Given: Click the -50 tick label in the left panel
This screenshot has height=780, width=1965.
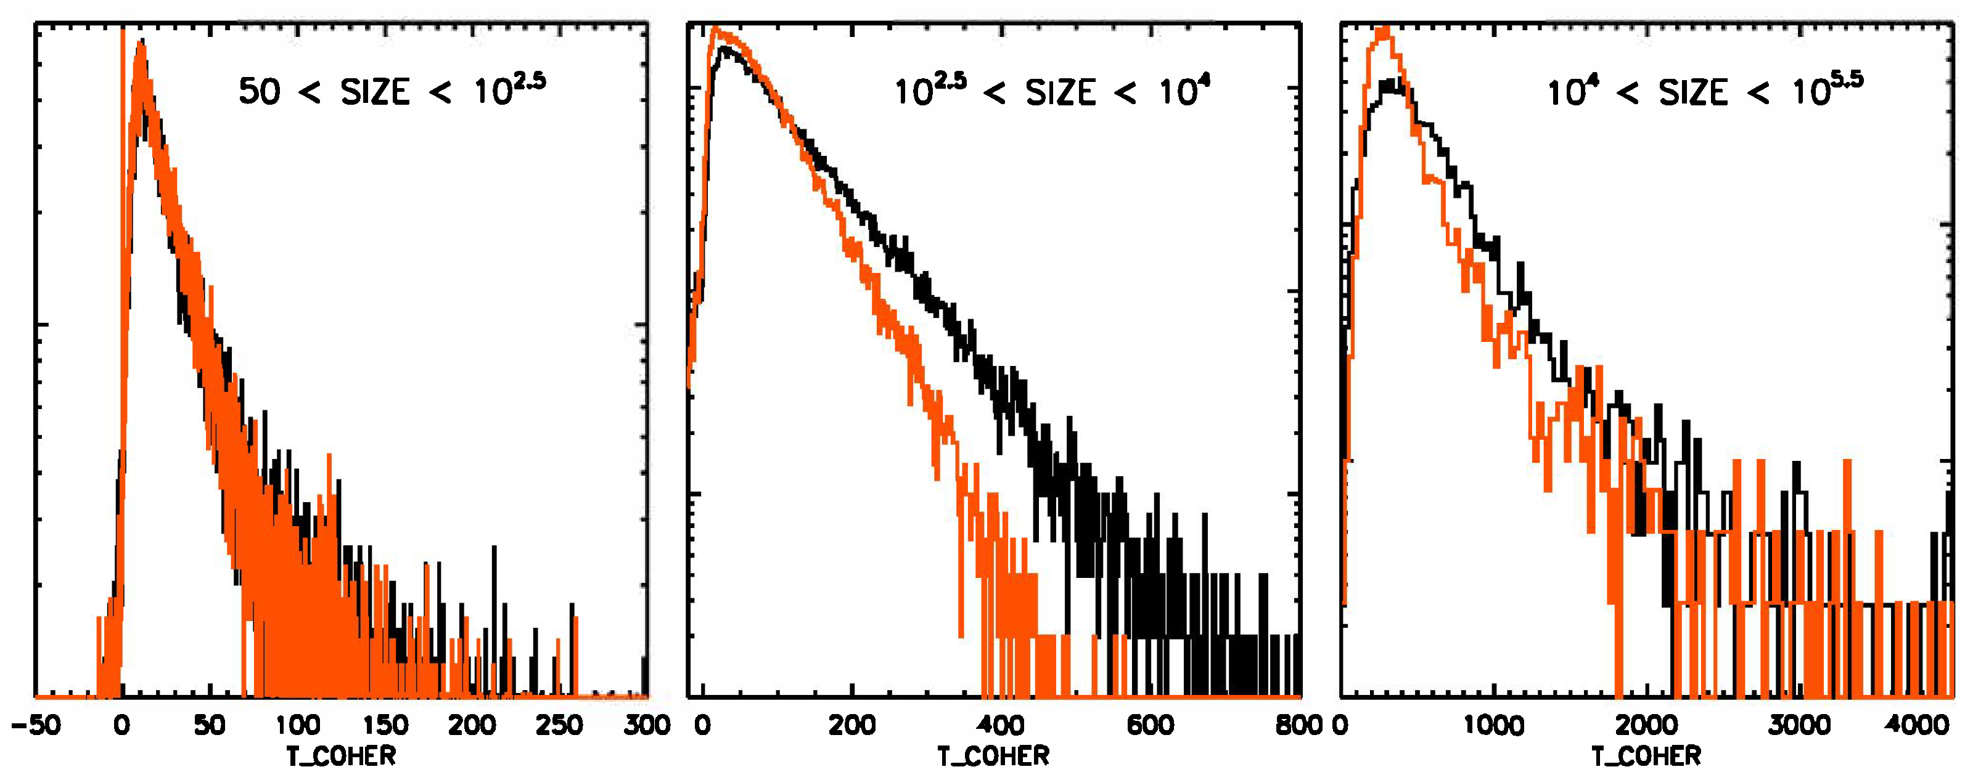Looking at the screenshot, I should [35, 725].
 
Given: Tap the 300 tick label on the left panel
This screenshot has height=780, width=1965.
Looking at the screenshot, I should [647, 725].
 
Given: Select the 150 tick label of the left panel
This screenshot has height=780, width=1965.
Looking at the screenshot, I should [385, 725].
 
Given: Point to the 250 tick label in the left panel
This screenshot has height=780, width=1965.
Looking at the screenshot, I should [559, 725].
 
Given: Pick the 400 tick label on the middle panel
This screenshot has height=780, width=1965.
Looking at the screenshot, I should [1000, 725].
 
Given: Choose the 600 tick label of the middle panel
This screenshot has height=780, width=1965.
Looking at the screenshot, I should [1149, 725].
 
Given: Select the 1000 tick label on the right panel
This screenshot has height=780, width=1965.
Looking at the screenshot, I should [1493, 725].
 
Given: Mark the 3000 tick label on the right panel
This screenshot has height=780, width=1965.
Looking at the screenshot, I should [1799, 725].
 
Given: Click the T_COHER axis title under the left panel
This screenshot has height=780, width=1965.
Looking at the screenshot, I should [341, 757].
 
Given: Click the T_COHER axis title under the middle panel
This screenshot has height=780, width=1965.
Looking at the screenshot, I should [993, 757].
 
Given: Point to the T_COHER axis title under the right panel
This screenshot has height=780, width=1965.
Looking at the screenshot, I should [1646, 757].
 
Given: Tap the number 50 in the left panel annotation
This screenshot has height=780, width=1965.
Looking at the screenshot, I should [260, 92].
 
